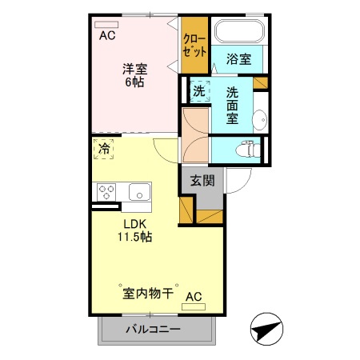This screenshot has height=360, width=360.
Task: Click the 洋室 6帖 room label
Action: [134, 75]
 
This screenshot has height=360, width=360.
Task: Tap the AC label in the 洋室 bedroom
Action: [107, 35]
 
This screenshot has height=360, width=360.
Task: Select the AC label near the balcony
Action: [194, 297]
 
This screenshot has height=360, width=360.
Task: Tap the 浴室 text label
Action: [238, 59]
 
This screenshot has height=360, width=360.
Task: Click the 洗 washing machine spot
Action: [199, 90]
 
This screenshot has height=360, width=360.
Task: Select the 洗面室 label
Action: [232, 105]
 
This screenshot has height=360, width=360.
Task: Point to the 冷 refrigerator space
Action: [104, 149]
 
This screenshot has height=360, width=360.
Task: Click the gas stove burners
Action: [107, 192]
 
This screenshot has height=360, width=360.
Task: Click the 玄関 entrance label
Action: [202, 182]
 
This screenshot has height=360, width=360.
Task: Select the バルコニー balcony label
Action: [153, 330]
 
